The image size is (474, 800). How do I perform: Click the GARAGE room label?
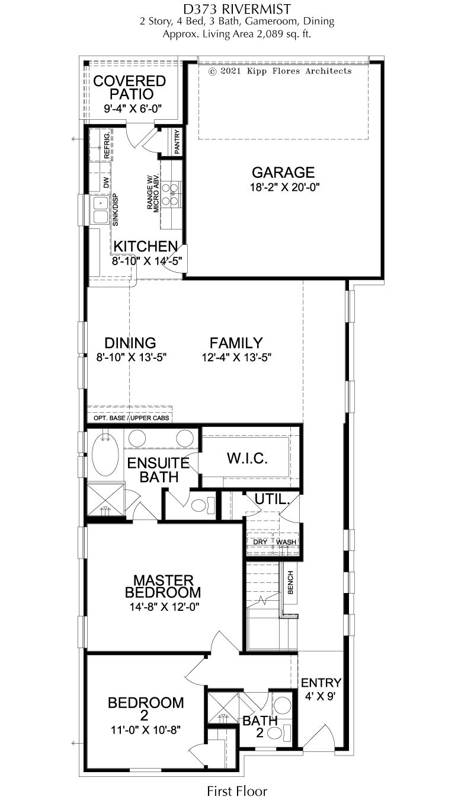(x=283, y=173)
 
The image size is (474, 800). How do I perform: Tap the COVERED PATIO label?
(x=130, y=88)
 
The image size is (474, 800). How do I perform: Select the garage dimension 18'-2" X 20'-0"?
(x=284, y=187)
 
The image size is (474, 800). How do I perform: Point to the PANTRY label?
(x=177, y=141)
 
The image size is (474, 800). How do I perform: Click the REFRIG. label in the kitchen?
(x=107, y=145)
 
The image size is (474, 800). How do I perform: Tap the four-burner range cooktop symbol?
(x=171, y=194)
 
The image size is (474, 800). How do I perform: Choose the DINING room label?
(x=130, y=343)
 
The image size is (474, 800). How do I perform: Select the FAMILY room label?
(x=236, y=343)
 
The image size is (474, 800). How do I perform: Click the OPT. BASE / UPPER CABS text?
(x=132, y=418)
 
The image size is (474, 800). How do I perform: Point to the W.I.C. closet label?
(x=247, y=458)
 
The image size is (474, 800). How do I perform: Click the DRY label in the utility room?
(x=260, y=542)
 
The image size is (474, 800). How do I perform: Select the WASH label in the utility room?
(x=286, y=542)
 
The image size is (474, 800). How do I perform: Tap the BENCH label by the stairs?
(x=290, y=582)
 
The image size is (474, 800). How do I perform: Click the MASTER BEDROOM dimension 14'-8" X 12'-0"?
(x=164, y=607)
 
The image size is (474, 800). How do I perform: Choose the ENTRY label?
(x=321, y=683)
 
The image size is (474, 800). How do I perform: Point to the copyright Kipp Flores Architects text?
(x=280, y=71)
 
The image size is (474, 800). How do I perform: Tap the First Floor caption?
(x=237, y=791)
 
